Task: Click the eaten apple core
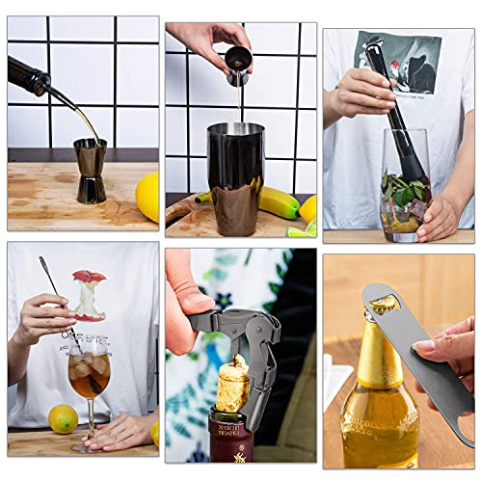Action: coord(89,295)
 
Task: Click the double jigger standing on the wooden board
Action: coord(91,170)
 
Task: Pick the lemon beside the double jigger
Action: coord(147,196)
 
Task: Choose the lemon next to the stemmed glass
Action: coord(64,417)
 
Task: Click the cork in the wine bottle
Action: coord(231,387)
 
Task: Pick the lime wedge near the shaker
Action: coord(300,230)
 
